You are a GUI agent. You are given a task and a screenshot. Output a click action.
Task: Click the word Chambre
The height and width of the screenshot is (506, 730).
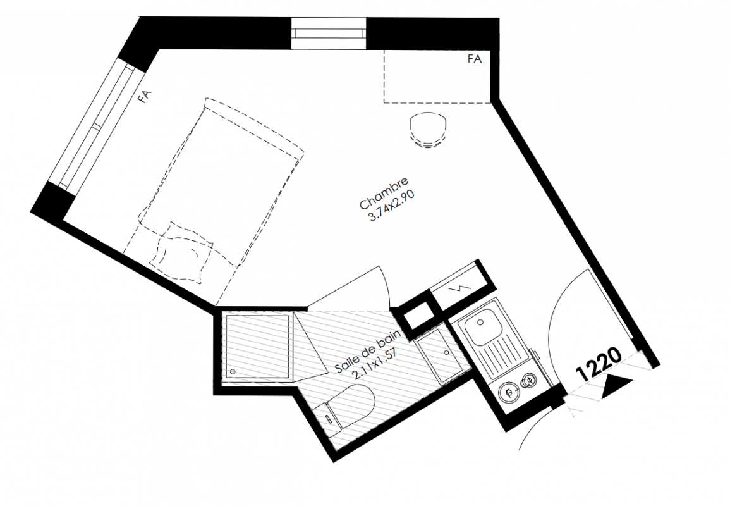click(384, 193)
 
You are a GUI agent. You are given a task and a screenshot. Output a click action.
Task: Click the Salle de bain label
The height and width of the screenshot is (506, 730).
click(368, 351)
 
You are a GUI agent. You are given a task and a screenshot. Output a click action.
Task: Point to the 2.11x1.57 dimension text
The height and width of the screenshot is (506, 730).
click(375, 362)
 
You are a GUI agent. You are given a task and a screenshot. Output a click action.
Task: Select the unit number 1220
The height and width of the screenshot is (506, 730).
click(599, 365)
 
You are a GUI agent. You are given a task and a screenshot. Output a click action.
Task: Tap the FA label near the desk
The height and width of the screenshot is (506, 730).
click(475, 59)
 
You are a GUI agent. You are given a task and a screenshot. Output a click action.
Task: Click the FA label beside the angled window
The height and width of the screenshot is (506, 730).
click(145, 97)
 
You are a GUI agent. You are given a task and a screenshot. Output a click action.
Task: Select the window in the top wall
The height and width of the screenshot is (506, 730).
click(328, 33)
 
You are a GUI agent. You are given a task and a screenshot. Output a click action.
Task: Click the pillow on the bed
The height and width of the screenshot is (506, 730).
click(181, 252)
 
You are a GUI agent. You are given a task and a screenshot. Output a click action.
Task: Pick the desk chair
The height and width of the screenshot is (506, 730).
click(430, 131)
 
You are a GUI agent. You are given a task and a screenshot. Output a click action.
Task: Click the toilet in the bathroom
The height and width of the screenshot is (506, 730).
click(349, 410)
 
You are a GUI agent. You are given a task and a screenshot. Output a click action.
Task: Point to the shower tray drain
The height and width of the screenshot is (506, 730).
click(232, 371)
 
